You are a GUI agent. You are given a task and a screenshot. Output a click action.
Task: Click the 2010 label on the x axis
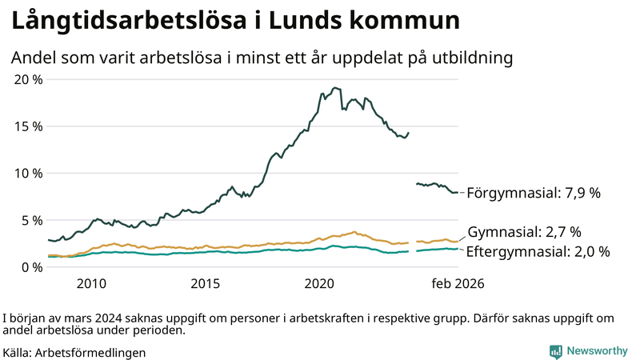pyautogui.click(x=91, y=283)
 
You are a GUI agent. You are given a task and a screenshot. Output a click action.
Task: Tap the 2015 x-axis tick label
pyautogui.click(x=206, y=283)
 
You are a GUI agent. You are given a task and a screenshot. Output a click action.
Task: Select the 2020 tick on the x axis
pyautogui.click(x=320, y=283)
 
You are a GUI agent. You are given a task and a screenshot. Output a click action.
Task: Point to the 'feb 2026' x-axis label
pyautogui.click(x=458, y=283)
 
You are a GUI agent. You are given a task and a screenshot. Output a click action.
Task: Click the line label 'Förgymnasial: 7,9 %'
pyautogui.click(x=533, y=193)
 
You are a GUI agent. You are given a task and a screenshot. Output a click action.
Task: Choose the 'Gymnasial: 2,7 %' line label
pyautogui.click(x=524, y=233)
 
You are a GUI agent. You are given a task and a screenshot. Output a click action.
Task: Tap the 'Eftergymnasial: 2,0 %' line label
pyautogui.click(x=538, y=251)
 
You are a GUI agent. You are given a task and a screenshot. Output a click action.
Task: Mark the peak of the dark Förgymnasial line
pyautogui.click(x=334, y=87)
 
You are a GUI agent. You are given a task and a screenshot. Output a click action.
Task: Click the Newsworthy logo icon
pyautogui.click(x=555, y=350)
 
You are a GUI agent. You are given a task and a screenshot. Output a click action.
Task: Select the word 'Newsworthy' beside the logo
pyautogui.click(x=597, y=350)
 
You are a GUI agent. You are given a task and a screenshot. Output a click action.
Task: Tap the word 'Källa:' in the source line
pyautogui.click(x=18, y=351)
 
